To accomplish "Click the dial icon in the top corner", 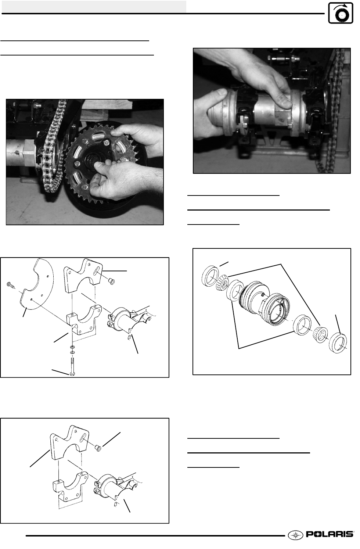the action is (x=341, y=13).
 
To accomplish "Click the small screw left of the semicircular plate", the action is (x=10, y=285).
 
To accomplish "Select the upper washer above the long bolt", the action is (x=72, y=347).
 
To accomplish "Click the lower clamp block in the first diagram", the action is (x=84, y=320).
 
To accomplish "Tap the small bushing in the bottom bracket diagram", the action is (x=98, y=448).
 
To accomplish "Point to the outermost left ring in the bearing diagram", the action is (x=210, y=276).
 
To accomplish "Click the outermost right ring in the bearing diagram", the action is (x=338, y=343).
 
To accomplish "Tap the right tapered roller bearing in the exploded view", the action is (x=321, y=334).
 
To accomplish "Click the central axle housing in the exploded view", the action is (x=264, y=304).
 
